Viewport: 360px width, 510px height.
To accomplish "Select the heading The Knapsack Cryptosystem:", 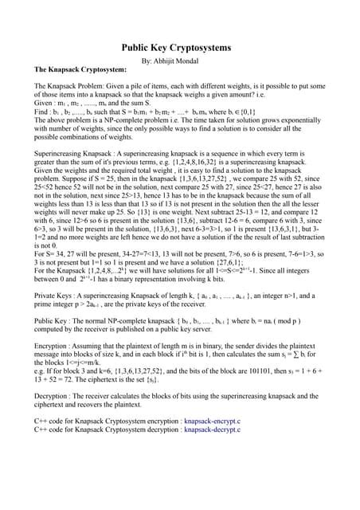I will point(80,69).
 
